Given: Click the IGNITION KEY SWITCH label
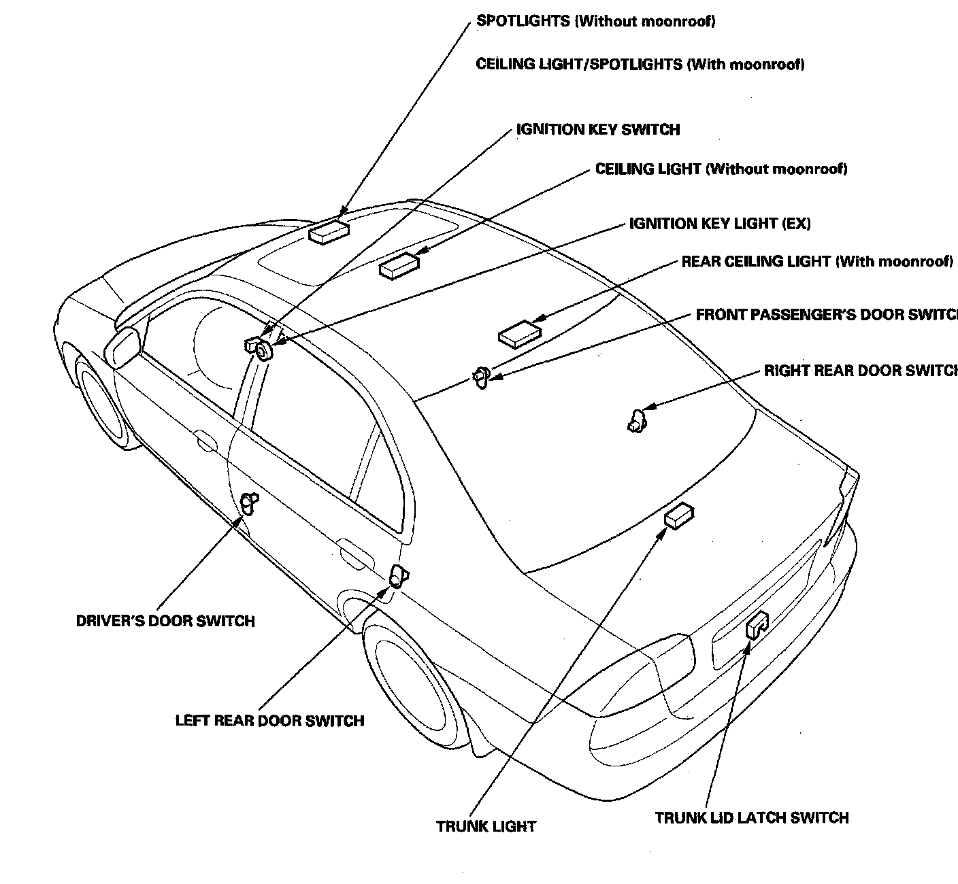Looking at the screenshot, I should [x=598, y=129].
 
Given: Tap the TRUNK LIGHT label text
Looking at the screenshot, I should [x=486, y=826].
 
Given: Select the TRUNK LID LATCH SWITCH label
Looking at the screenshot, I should [x=752, y=817].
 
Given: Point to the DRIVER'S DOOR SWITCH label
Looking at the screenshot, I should [x=165, y=621].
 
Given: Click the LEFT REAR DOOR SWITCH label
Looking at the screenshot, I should [x=269, y=721].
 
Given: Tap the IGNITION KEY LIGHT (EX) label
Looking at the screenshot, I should [x=720, y=224].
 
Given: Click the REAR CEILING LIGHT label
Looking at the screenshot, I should [x=816, y=262].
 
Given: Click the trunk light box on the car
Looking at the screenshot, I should [x=678, y=516].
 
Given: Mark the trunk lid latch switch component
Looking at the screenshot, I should [x=757, y=624].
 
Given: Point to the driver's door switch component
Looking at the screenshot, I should [x=249, y=503].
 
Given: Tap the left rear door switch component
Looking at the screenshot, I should [x=397, y=575].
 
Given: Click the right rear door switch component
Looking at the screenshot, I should [x=635, y=420].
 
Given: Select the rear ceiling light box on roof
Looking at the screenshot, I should [x=520, y=332].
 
